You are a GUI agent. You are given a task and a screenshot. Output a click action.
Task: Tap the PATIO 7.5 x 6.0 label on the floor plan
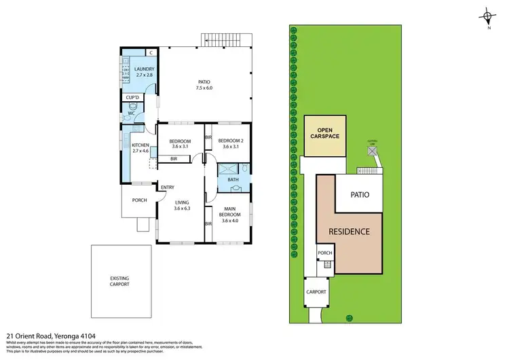click(x=204, y=84)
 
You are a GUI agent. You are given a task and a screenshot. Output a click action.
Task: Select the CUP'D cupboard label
click(x=132, y=98)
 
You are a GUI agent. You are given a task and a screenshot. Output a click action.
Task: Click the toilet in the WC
click(x=136, y=107)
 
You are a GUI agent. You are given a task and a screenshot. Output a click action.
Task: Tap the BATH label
click(x=233, y=180)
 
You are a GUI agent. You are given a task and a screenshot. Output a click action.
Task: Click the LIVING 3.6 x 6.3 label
click(x=181, y=204)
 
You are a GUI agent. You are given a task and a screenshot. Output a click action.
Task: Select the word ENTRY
click(x=167, y=187)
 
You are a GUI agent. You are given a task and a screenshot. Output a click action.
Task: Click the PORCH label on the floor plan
click(x=139, y=200)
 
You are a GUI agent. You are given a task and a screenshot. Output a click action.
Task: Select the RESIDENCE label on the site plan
click(x=349, y=232)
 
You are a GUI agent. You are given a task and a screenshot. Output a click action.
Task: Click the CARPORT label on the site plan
click(x=316, y=291)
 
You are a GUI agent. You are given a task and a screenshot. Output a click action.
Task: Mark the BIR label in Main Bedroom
click(x=208, y=223)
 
